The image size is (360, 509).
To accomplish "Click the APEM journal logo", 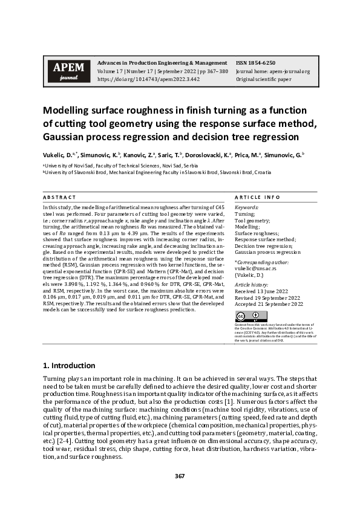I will coord(68,71).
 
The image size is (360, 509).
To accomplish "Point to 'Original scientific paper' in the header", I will coord(264,79).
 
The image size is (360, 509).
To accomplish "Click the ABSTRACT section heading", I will coord(59,197).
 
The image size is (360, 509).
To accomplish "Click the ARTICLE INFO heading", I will coord(257,197).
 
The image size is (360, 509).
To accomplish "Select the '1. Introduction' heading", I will coord(70,365).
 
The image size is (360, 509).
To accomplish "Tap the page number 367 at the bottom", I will coord(180,476).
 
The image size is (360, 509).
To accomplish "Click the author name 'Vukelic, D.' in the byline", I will coord(57,155).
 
